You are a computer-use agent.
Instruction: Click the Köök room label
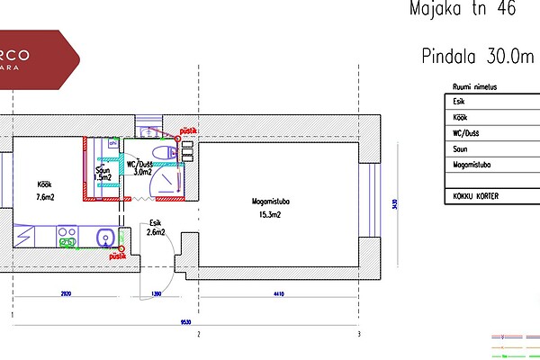(x=41, y=183)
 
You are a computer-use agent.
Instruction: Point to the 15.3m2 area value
(x=267, y=216)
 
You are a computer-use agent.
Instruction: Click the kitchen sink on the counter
(x=105, y=238)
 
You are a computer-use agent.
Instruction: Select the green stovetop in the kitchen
(x=67, y=237)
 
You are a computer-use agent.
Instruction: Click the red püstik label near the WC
(x=189, y=130)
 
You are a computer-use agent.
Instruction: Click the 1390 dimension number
(x=156, y=294)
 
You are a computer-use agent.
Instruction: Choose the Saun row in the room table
(x=461, y=149)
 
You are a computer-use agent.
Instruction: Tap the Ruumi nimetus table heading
(x=472, y=87)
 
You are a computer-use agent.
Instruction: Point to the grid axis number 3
(x=359, y=334)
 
